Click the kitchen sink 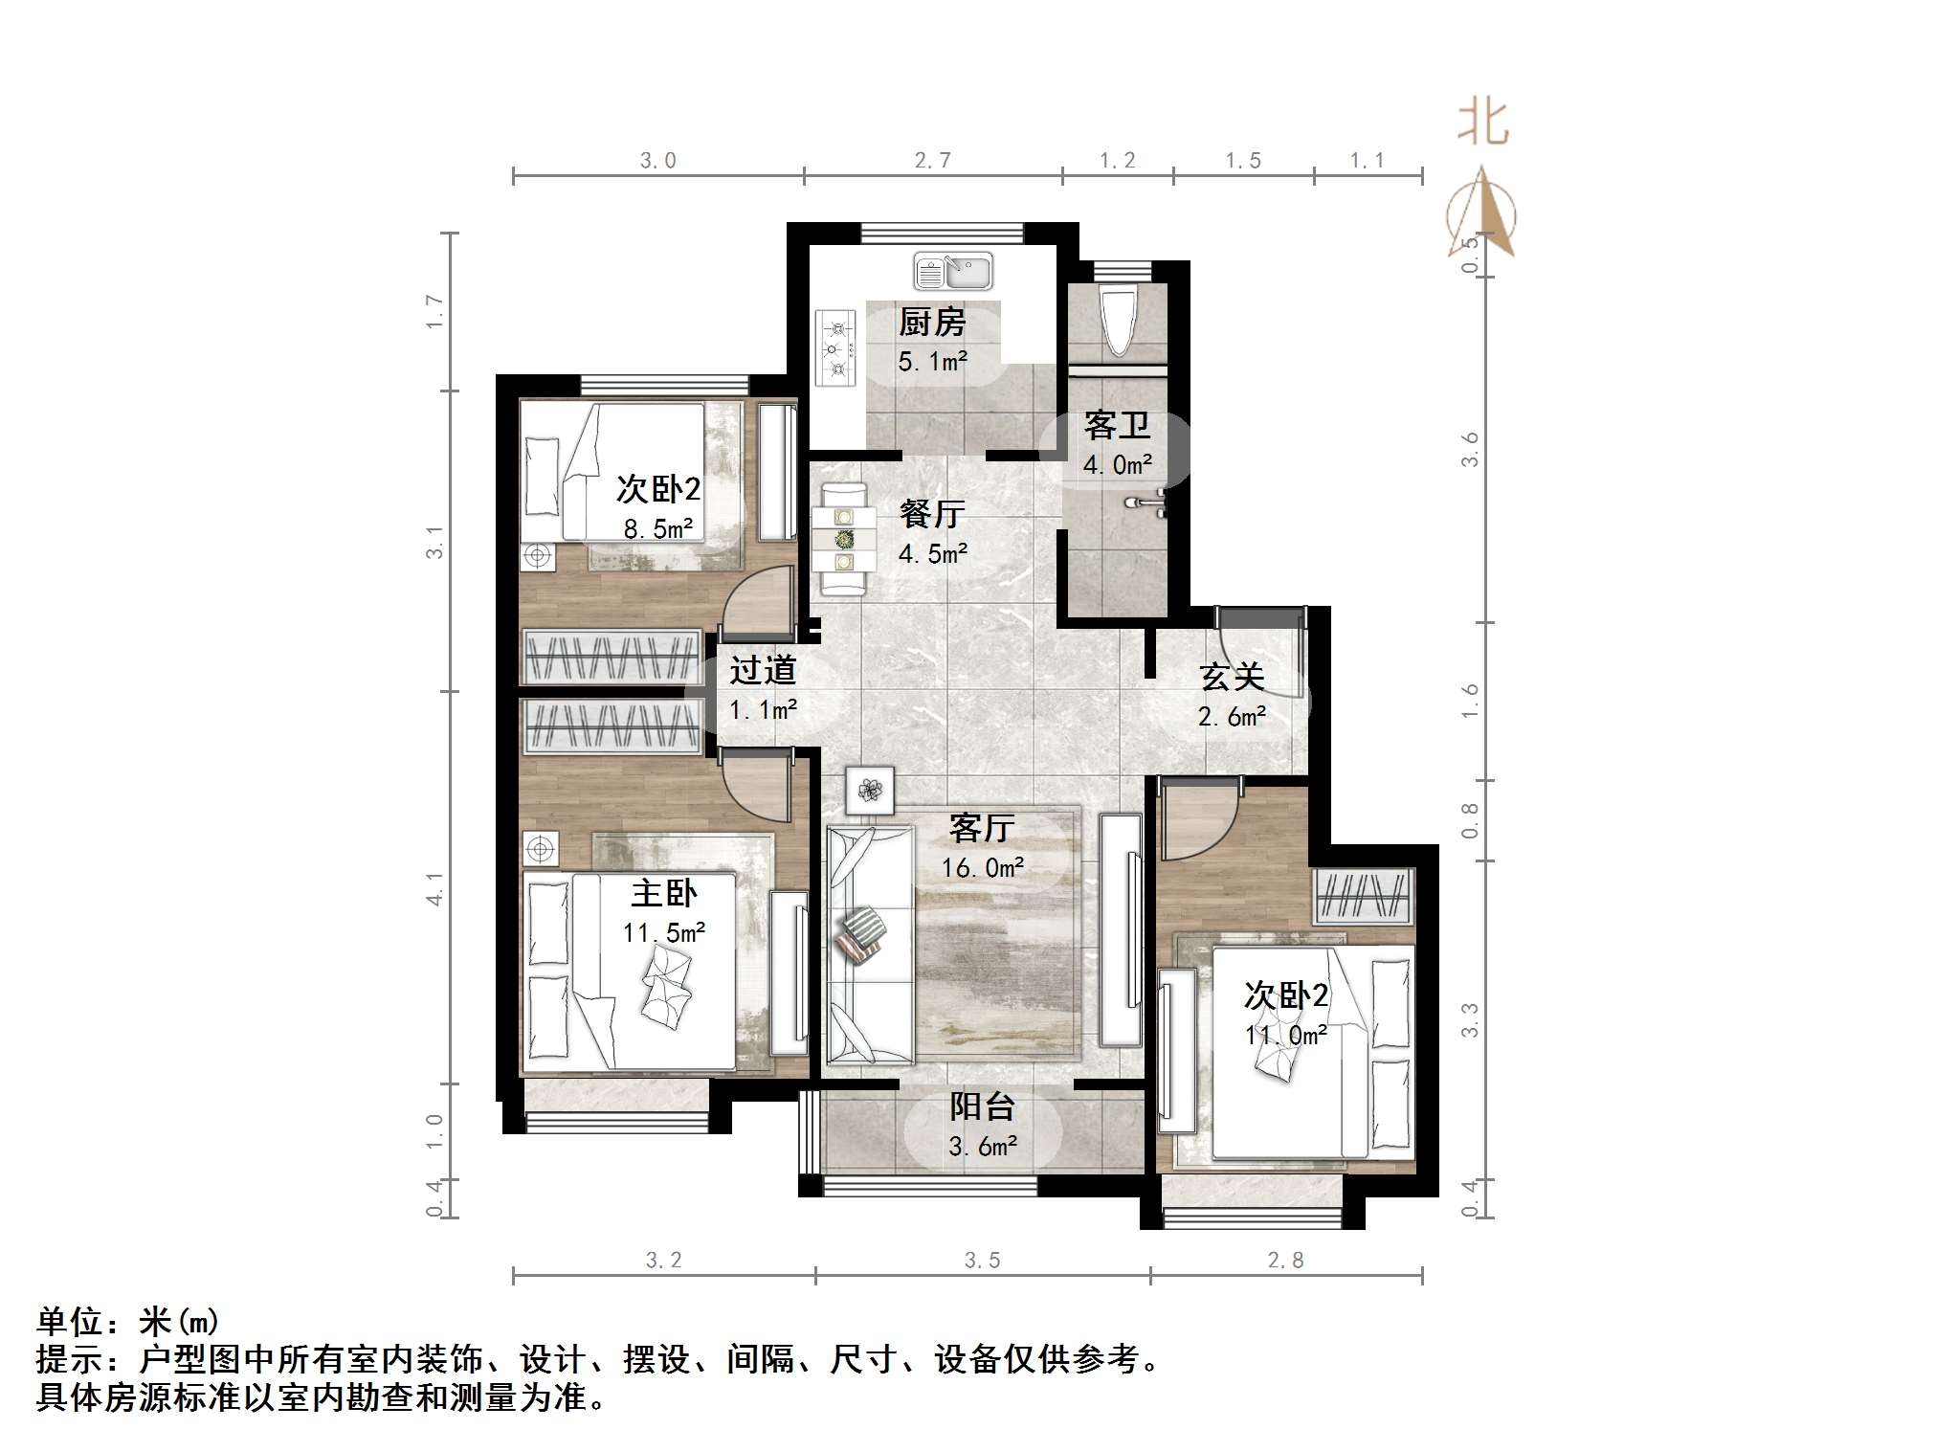tap(952, 271)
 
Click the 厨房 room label tap(932, 323)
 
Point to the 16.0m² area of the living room tap(983, 868)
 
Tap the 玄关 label tap(1233, 677)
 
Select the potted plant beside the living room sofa tap(870, 791)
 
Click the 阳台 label tap(982, 1107)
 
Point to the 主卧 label tap(663, 893)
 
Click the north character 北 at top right tap(1482, 123)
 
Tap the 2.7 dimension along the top tap(932, 161)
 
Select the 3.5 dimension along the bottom tap(982, 1261)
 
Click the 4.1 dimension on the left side tap(435, 888)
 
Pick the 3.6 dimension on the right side tap(1470, 449)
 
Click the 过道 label tap(763, 670)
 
